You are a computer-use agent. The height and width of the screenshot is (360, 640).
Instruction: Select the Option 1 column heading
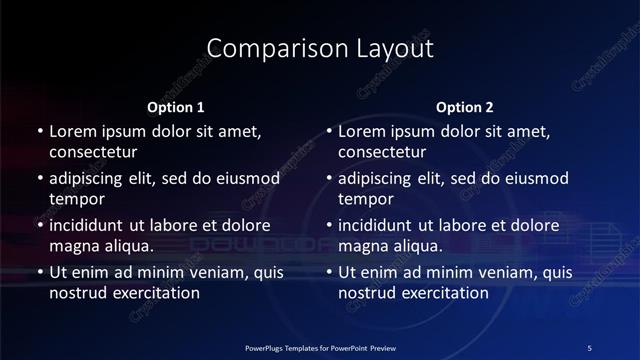pos(176,107)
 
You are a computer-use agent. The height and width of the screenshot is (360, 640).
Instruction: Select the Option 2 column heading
pos(465,107)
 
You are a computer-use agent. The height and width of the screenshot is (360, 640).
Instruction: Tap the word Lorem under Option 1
pos(73,131)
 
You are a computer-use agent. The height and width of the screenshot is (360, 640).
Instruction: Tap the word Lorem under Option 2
pos(362,131)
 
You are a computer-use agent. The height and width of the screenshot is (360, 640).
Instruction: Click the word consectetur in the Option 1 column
pos(93,153)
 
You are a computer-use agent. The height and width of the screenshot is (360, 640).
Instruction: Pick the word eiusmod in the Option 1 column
pos(244,178)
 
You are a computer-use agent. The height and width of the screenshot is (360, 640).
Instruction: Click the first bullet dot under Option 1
pos(39,132)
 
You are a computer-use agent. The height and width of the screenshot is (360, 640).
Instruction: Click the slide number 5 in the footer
pos(589,347)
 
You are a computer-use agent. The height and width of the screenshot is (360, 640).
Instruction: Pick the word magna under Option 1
pos(73,246)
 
